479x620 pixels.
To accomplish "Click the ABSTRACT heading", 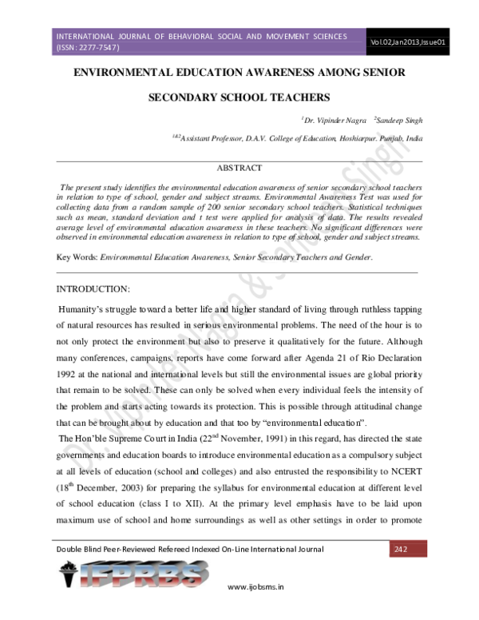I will [239, 168].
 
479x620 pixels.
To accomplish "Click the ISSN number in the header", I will [88, 47].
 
